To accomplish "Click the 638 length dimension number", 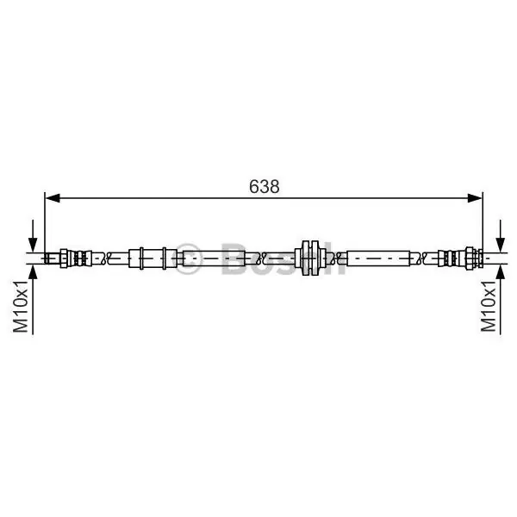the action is (265, 187).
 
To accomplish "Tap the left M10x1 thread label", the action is (21, 307).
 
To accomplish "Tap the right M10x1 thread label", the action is (489, 307).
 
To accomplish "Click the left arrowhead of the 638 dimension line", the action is (52, 198).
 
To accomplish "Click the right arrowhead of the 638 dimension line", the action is (475, 198).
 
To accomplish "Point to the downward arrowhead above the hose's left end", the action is (33, 245).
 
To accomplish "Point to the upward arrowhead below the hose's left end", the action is (33, 271).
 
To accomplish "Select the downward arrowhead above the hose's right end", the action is (501, 245).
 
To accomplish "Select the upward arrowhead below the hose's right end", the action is (501, 271).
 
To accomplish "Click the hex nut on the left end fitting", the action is (64, 258).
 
